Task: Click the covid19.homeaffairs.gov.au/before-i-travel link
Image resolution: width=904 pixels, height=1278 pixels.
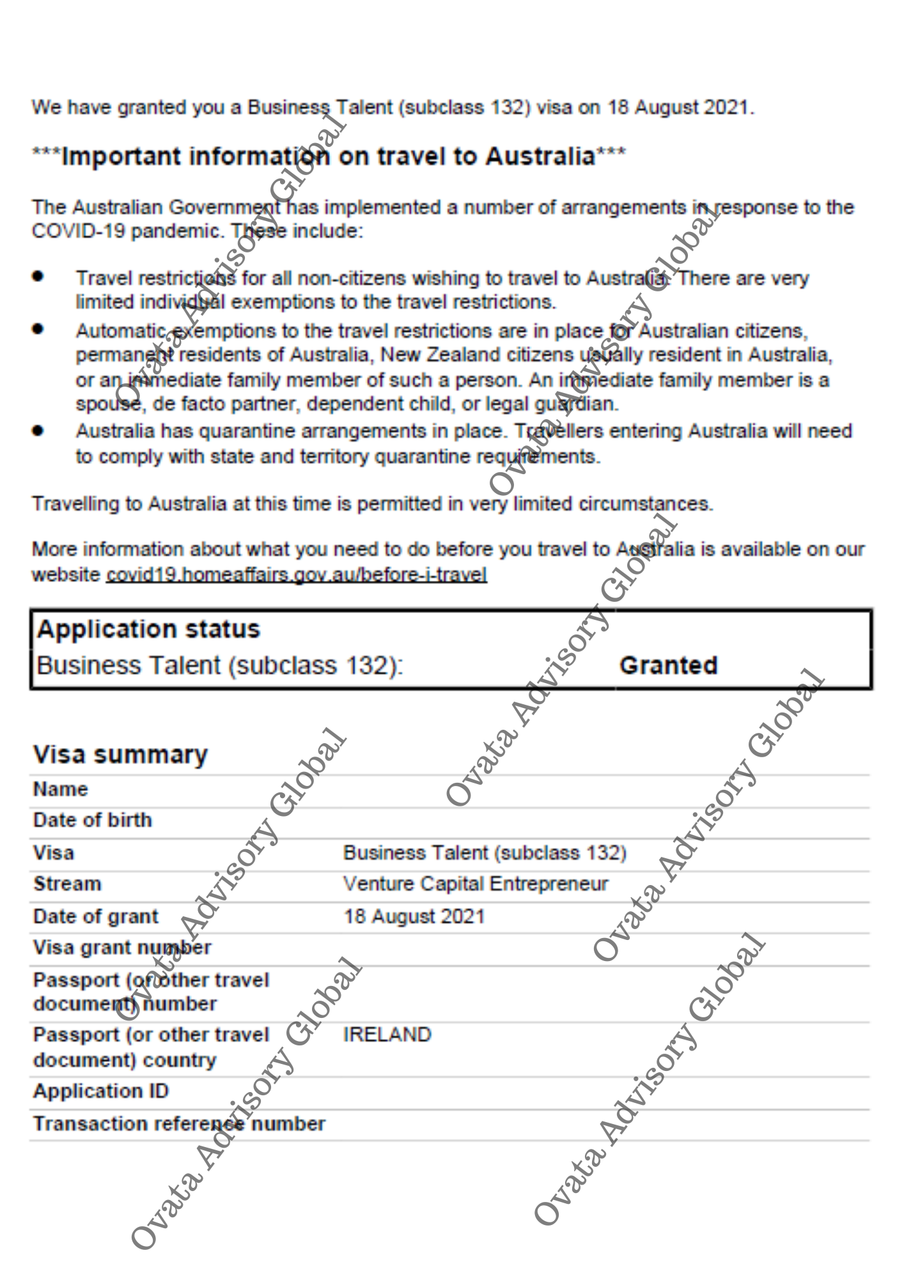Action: (297, 574)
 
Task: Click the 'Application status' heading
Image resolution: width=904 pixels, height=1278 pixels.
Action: (148, 629)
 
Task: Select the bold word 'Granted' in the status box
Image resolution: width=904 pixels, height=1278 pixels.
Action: (669, 665)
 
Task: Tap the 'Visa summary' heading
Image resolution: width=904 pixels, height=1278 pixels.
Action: (120, 755)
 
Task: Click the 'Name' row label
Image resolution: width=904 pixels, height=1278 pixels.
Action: (60, 789)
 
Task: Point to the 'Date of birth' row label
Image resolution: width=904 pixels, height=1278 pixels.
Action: (93, 820)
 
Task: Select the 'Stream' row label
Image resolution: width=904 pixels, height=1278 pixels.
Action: (67, 884)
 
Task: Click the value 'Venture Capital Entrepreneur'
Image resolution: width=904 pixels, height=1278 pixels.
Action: (476, 884)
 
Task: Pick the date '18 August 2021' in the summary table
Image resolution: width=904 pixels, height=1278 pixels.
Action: (414, 916)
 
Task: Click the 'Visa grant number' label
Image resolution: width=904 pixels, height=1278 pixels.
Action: (122, 947)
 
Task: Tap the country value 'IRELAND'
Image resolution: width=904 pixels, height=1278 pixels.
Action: (387, 1035)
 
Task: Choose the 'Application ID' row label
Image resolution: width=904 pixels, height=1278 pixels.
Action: (101, 1091)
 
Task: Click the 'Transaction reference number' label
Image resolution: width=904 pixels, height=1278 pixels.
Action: (179, 1123)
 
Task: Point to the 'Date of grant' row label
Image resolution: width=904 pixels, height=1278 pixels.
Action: (96, 916)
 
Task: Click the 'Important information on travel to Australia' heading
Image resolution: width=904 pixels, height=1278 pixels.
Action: (329, 157)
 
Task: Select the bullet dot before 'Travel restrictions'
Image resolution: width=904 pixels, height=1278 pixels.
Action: (38, 276)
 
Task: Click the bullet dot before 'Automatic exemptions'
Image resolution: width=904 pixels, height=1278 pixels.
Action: (38, 328)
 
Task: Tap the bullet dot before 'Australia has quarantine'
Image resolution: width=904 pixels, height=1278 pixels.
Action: (38, 430)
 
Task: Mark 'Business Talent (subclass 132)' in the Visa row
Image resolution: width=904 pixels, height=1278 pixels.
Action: (485, 852)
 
